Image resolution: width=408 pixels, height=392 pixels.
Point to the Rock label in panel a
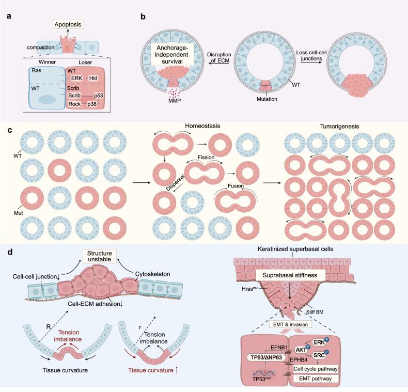75,105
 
